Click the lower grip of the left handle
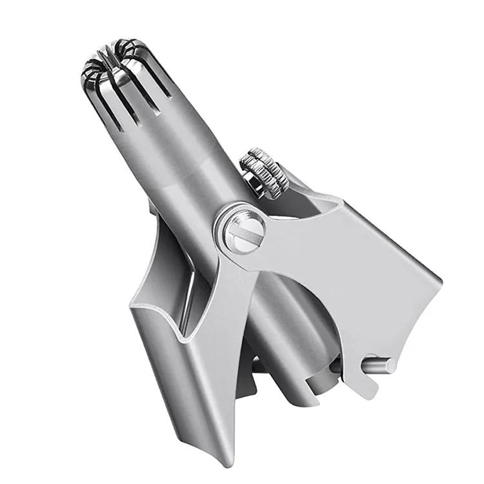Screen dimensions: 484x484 194,387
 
